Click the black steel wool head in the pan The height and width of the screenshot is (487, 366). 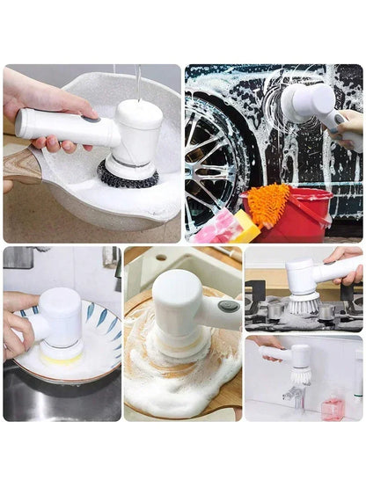(x=128, y=175)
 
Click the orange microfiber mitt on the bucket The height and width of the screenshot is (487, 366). (x=268, y=203)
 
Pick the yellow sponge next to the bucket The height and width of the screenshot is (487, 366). (x=245, y=228)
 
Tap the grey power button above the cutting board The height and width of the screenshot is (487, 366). (x=228, y=306)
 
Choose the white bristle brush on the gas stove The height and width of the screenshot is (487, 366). (x=303, y=303)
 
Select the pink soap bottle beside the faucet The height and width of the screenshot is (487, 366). (x=331, y=408)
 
